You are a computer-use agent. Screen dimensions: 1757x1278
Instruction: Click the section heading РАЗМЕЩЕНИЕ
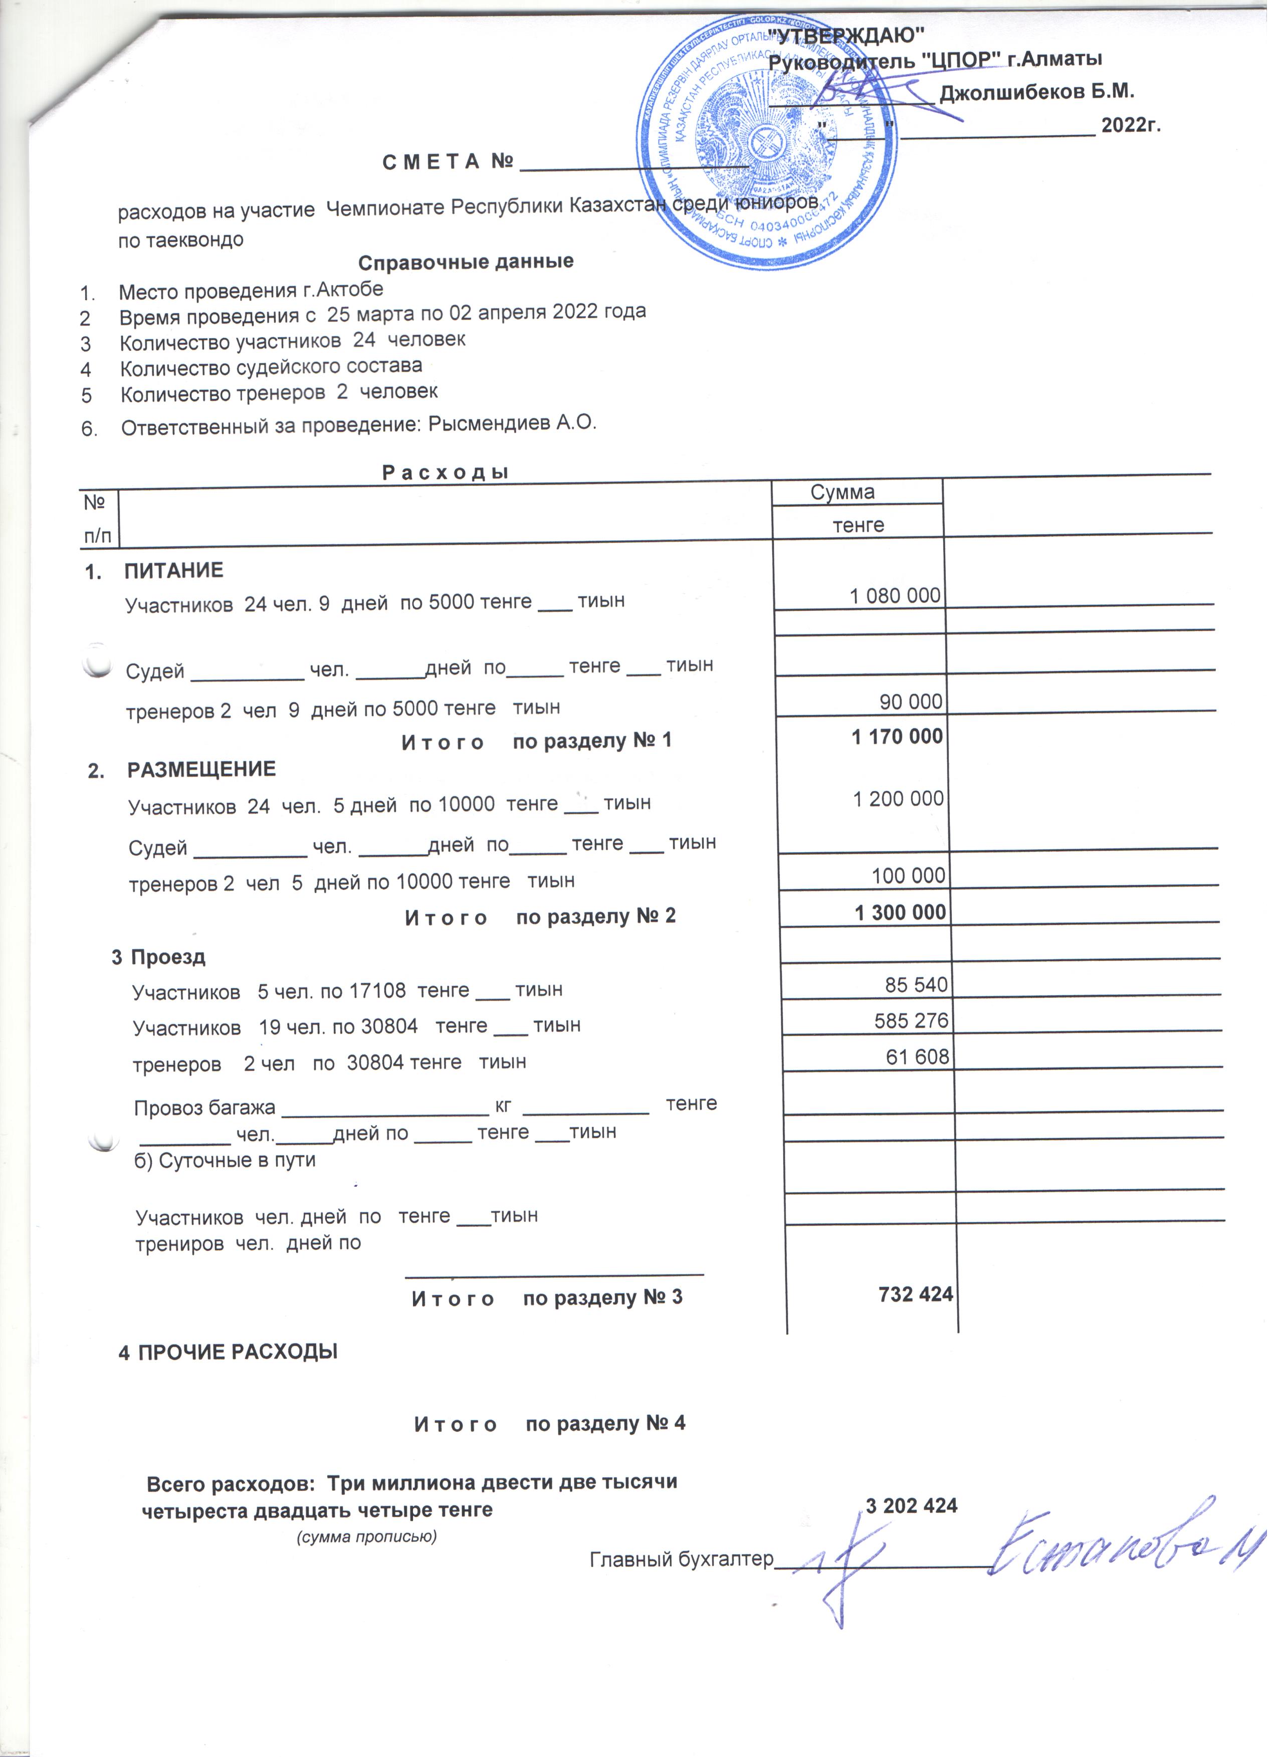click(201, 769)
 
